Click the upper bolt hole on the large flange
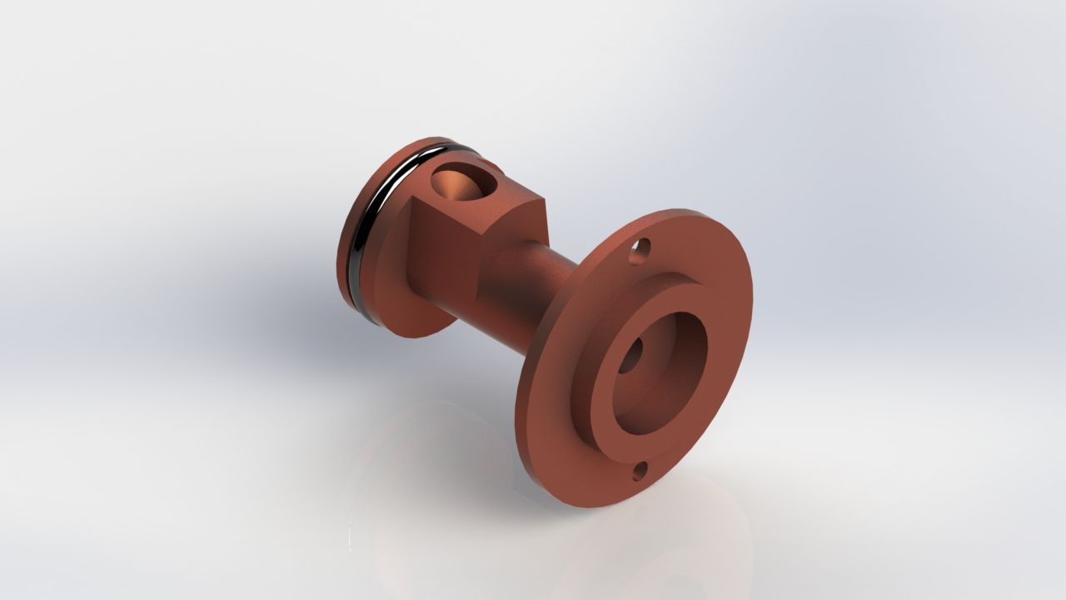coord(639,249)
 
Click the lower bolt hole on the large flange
coord(640,472)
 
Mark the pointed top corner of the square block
coord(542,198)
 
